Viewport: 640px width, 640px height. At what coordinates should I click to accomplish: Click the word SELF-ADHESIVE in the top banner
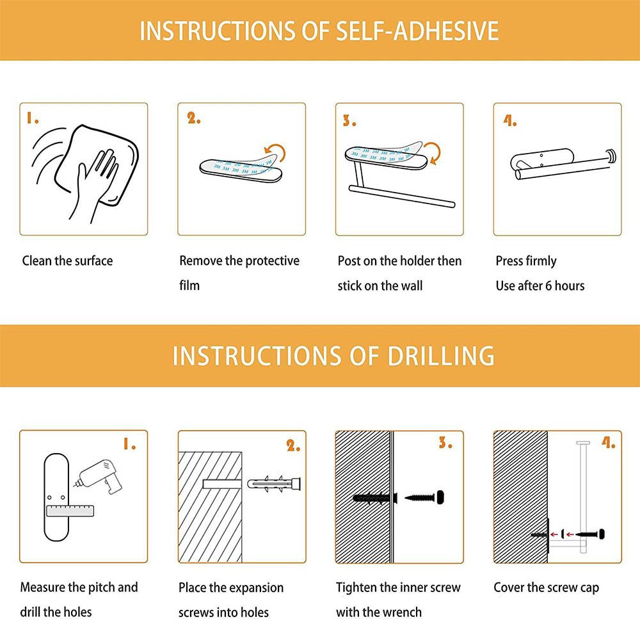[417, 31]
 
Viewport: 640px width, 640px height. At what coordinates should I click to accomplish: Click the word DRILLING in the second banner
[441, 355]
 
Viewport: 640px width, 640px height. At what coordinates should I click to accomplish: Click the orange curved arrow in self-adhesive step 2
[275, 153]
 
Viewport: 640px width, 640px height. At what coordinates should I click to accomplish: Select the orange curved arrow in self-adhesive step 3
[433, 154]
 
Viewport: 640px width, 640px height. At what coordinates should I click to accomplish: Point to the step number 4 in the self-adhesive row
[510, 121]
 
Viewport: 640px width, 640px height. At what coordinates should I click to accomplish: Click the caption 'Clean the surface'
[67, 261]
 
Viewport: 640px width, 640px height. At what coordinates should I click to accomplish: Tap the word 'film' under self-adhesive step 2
[189, 285]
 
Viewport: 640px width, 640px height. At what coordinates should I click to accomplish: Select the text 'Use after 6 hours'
[540, 285]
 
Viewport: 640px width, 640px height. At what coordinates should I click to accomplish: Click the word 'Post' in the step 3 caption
[349, 261]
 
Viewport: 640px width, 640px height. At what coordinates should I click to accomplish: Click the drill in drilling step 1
[98, 477]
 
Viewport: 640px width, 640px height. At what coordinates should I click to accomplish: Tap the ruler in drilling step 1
[70, 511]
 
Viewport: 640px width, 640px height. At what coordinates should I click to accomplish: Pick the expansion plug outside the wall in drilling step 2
[274, 484]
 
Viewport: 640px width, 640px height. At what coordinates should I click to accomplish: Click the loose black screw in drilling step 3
[424, 497]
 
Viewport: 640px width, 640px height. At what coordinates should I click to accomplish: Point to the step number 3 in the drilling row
[445, 443]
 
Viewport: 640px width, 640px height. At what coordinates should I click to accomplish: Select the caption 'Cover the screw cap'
[546, 588]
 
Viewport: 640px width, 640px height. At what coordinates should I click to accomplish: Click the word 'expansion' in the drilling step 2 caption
[258, 588]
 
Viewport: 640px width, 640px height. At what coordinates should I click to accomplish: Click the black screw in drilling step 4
[590, 534]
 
